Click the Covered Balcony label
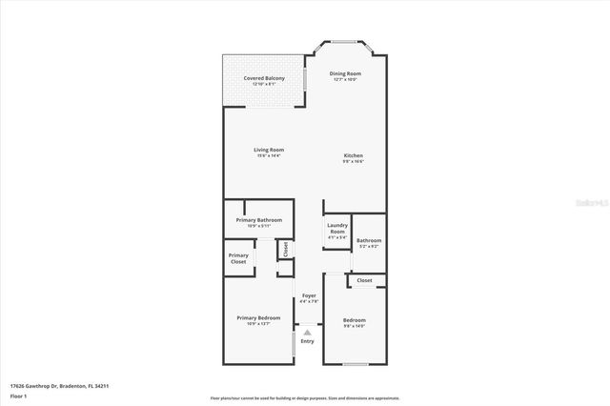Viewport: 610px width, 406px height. tap(264, 78)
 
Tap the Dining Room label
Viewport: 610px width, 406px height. tap(345, 73)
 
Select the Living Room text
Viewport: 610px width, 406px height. tap(269, 150)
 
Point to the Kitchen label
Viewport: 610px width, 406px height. tap(354, 155)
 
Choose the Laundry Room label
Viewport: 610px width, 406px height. tap(337, 229)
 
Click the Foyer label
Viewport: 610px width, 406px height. tap(309, 296)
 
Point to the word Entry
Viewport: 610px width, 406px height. tap(307, 340)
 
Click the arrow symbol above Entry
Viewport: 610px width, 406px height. tap(307, 332)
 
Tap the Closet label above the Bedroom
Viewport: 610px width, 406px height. tap(365, 280)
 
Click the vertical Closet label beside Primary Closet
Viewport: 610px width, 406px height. tap(284, 249)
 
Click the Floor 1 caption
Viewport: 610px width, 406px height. tap(18, 394)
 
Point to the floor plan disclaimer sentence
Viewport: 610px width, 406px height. tap(305, 397)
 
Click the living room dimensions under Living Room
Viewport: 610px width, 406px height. tap(269, 156)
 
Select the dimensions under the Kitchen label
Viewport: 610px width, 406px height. tap(354, 162)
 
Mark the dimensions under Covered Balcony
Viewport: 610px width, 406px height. tap(264, 84)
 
